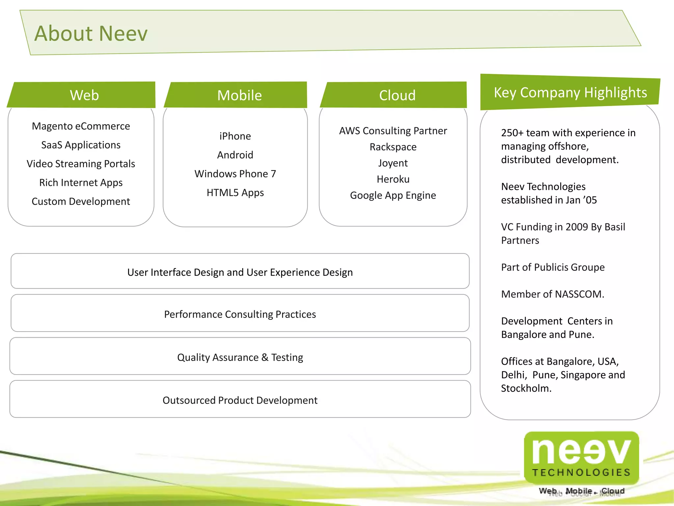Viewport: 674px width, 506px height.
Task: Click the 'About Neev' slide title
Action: pyautogui.click(x=91, y=34)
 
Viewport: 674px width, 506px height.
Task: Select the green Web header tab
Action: pyautogui.click(x=84, y=95)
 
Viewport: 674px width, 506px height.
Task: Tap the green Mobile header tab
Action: pyautogui.click(x=239, y=95)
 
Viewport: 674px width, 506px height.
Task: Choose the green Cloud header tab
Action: pyautogui.click(x=397, y=95)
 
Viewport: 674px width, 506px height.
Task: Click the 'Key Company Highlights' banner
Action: pyautogui.click(x=570, y=93)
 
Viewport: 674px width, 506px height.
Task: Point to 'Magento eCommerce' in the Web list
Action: pyautogui.click(x=81, y=126)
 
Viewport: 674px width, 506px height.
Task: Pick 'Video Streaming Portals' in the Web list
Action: pyautogui.click(x=81, y=164)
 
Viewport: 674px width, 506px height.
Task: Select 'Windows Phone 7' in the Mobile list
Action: pyautogui.click(x=235, y=174)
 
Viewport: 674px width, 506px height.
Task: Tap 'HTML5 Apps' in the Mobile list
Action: pyautogui.click(x=235, y=192)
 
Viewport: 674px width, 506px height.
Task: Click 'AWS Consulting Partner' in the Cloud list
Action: pyautogui.click(x=393, y=131)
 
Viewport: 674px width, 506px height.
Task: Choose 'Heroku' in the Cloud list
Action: pyautogui.click(x=393, y=179)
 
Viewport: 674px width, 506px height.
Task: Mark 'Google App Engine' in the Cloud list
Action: pyautogui.click(x=393, y=195)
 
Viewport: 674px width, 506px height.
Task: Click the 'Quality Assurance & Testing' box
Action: pyautogui.click(x=240, y=357)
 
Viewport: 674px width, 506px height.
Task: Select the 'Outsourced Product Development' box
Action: pyautogui.click(x=240, y=400)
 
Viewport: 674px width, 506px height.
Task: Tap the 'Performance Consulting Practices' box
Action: pyautogui.click(x=240, y=314)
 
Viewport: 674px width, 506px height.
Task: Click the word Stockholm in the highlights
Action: pyautogui.click(x=526, y=388)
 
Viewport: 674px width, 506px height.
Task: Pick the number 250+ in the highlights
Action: pyautogui.click(x=512, y=133)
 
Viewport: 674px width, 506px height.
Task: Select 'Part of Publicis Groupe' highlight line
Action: pyautogui.click(x=553, y=267)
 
